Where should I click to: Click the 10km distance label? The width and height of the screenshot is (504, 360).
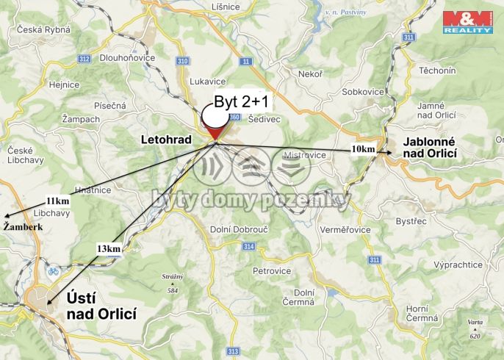[x=363, y=149]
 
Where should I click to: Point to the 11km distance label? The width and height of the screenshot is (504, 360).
[x=57, y=201]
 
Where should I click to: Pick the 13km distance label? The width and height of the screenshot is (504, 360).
[x=108, y=249]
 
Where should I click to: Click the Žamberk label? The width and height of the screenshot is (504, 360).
[x=23, y=228]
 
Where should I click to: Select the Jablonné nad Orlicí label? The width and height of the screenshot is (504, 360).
[x=430, y=147]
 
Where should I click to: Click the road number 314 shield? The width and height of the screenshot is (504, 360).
[x=249, y=246]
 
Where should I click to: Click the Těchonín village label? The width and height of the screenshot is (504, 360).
[x=436, y=71]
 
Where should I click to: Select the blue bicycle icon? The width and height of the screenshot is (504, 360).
[x=53, y=270]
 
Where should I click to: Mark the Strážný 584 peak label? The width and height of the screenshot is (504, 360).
[x=172, y=283]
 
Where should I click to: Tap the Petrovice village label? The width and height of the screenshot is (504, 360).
[x=272, y=271]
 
